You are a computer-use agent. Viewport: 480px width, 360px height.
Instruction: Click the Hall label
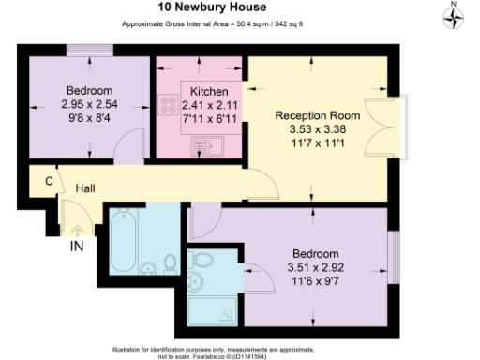click(85, 188)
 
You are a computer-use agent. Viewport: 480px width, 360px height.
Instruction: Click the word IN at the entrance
click(78, 247)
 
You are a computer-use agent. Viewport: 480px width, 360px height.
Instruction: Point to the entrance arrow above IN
click(78, 230)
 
